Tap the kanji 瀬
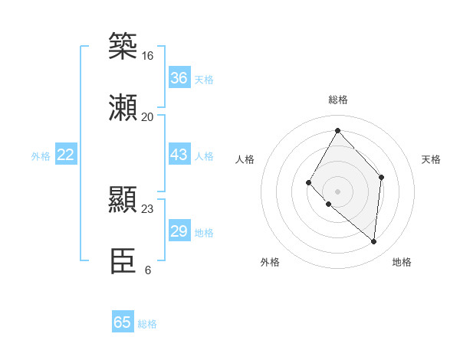[123, 107]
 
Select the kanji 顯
[123, 200]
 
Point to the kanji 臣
[123, 261]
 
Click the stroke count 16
[147, 56]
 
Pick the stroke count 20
[147, 116]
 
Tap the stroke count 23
[147, 208]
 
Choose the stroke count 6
[147, 270]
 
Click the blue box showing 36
[179, 78]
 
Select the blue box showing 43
[179, 155]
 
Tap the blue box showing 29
[179, 231]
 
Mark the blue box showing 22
[65, 155]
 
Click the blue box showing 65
[123, 322]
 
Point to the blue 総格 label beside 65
[147, 324]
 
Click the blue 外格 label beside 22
[41, 156]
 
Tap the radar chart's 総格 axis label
[337, 100]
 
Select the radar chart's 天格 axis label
[432, 159]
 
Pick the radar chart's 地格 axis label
[402, 262]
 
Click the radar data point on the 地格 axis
[373, 241]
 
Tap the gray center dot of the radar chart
[337, 191]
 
